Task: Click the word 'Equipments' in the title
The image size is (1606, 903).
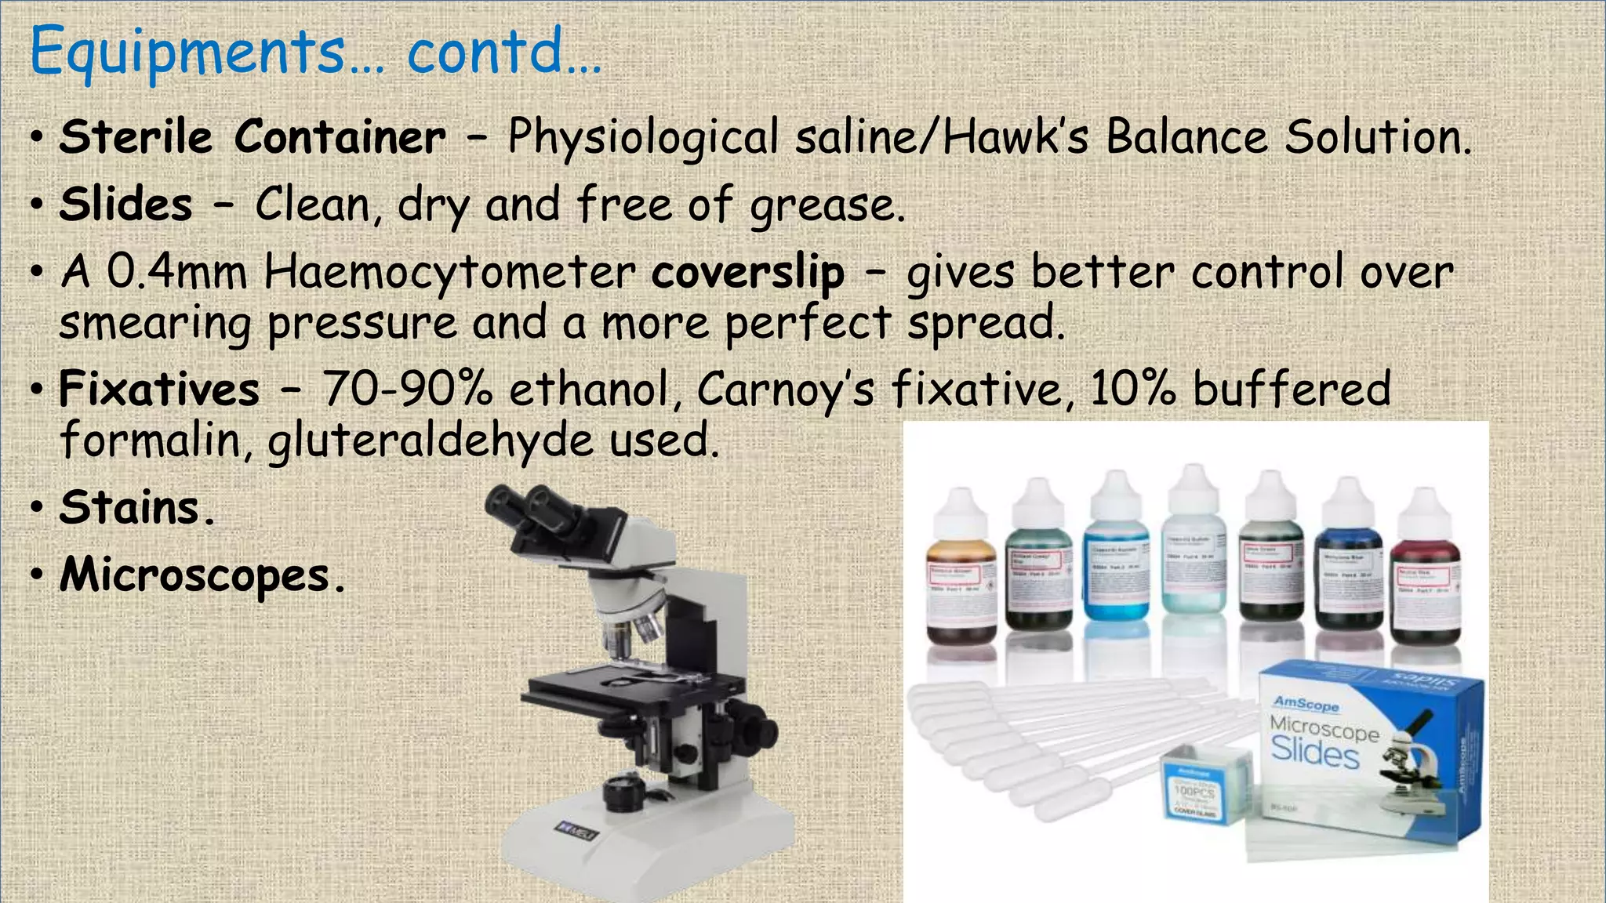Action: point(187,52)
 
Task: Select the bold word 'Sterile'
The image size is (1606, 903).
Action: point(136,137)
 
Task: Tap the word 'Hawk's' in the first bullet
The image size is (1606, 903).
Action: point(1016,137)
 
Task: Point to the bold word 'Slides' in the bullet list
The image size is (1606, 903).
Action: point(125,205)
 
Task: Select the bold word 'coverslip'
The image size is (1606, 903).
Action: point(748,274)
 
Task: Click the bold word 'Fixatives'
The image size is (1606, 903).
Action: point(159,389)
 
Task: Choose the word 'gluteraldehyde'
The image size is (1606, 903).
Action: point(430,441)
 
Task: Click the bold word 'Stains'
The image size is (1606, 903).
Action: point(130,507)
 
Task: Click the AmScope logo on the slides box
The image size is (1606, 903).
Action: point(1306,703)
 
